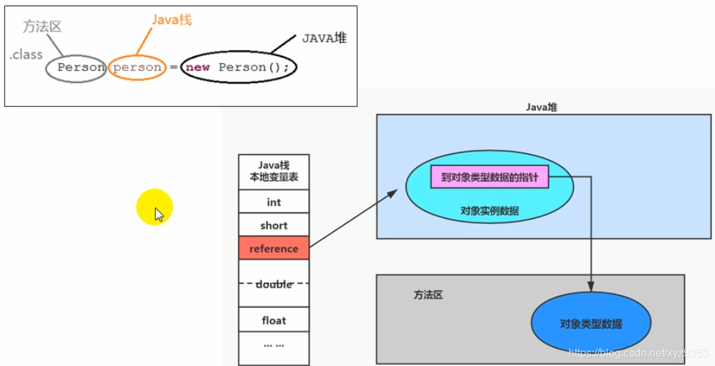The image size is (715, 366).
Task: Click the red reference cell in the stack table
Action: (x=273, y=249)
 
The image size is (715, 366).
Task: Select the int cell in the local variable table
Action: (x=273, y=202)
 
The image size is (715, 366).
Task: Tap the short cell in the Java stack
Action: (x=273, y=226)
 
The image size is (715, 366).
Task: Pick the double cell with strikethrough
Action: (x=273, y=284)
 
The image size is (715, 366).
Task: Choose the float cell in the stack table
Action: (x=273, y=320)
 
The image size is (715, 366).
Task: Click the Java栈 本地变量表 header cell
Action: (x=273, y=171)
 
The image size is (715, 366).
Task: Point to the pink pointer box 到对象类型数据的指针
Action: (x=489, y=178)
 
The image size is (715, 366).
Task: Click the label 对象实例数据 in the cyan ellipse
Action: (x=489, y=211)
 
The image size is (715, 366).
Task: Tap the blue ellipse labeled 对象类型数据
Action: (x=591, y=324)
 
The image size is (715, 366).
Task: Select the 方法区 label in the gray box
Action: (x=428, y=294)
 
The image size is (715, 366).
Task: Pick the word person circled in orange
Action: (x=137, y=67)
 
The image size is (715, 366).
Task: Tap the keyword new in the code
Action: (x=197, y=67)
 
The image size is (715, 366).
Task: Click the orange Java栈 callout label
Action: (x=171, y=20)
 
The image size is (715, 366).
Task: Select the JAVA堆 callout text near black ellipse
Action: (x=324, y=38)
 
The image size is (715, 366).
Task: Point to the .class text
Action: (x=26, y=55)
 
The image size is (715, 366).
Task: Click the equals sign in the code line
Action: (x=173, y=67)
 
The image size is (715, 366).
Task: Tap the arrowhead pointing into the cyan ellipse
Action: (x=393, y=194)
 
